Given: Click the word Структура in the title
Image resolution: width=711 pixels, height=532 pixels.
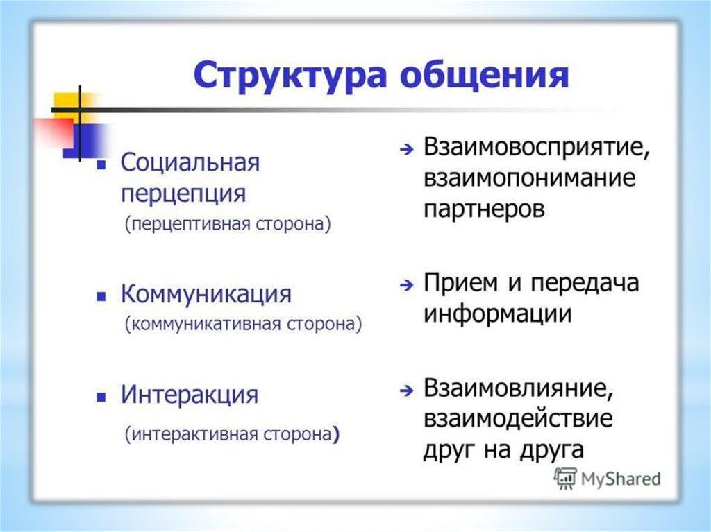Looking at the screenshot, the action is [x=290, y=75].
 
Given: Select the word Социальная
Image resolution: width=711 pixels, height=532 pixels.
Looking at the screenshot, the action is [x=190, y=162].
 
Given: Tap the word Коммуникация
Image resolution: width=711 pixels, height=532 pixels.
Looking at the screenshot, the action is [x=206, y=293].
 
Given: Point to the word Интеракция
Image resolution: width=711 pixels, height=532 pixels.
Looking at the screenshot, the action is [x=190, y=394].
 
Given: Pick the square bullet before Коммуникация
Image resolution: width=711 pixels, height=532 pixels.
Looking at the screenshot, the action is [x=101, y=296].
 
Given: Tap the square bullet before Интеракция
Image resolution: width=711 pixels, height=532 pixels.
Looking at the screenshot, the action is [x=101, y=397].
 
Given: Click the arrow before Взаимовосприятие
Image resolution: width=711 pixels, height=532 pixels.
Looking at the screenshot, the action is [x=407, y=149].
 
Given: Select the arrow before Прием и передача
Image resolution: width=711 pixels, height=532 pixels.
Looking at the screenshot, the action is [x=407, y=285].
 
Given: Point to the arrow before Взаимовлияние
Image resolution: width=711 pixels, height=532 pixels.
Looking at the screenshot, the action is [x=407, y=390].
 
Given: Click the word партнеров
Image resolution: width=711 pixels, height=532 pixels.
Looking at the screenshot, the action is [x=484, y=209].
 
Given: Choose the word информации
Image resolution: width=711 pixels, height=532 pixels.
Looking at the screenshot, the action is [x=497, y=314].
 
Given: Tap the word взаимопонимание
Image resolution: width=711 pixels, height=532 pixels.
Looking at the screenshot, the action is [x=530, y=178].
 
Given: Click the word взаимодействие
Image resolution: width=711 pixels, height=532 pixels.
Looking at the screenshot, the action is [x=518, y=419].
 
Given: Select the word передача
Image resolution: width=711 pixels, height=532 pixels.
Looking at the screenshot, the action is [x=585, y=283].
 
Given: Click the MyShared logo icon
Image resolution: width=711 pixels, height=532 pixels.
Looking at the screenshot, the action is [x=565, y=479].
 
